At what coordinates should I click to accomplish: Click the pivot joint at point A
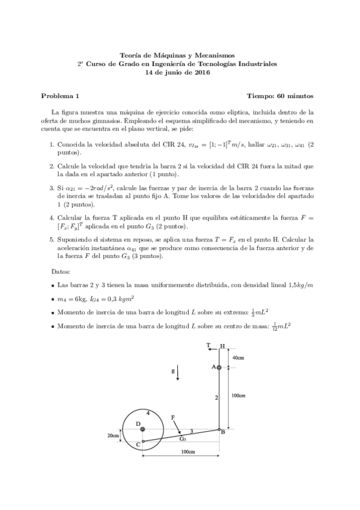219,367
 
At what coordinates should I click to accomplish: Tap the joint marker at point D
142,429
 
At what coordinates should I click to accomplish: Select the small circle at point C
143,441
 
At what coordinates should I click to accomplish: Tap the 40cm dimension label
238,358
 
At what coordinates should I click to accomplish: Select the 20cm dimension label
112,435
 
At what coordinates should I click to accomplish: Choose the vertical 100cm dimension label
238,395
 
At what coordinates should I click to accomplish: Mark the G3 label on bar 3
183,439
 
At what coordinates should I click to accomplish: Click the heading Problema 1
59,96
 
